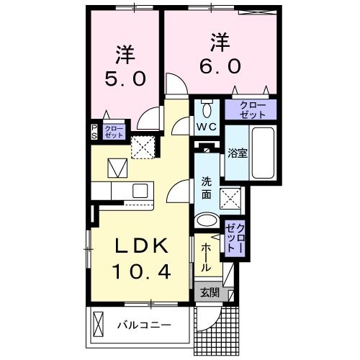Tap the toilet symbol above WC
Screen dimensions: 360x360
207,110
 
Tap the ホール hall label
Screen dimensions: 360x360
206,257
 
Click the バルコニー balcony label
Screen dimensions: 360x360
146,326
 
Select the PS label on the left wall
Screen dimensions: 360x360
94,132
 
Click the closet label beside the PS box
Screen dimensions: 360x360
113,132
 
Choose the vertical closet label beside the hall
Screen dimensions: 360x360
234,236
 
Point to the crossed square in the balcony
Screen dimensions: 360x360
100,325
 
